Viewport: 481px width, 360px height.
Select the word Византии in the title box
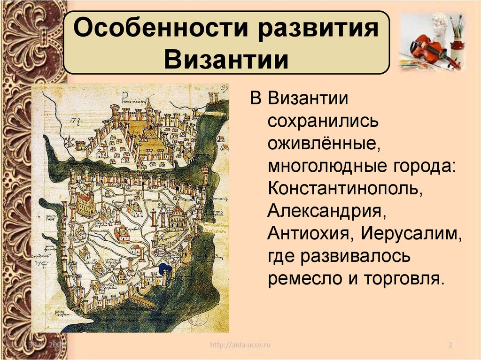tap(226, 60)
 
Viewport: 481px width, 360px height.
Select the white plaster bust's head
tap(440, 23)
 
